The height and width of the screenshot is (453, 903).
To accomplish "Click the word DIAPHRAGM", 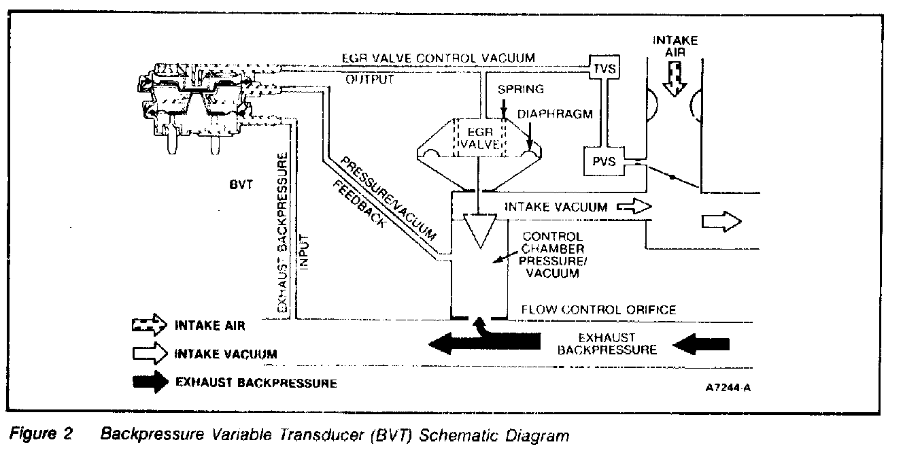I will (x=544, y=114).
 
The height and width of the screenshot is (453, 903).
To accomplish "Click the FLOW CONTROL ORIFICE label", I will (x=598, y=310).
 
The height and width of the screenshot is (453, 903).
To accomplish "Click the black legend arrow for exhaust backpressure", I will (x=149, y=382).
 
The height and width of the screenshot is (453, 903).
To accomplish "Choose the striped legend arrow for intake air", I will (x=149, y=326).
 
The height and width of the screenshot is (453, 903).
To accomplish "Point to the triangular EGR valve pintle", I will (x=479, y=231).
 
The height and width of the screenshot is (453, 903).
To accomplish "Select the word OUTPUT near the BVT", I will (x=370, y=80).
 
